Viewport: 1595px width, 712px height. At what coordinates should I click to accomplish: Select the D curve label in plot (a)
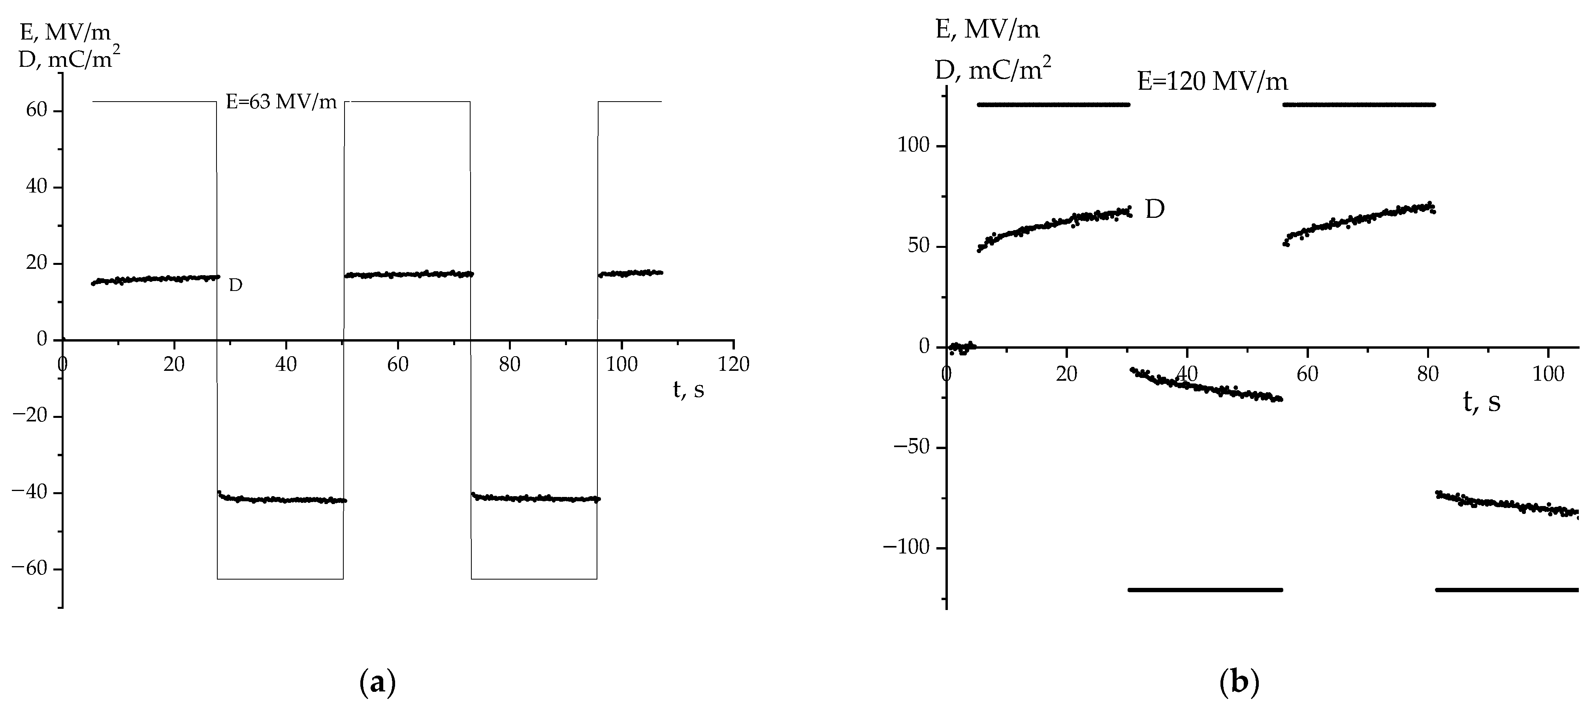coord(235,286)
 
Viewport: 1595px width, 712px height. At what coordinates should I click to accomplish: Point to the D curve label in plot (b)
coord(1155,210)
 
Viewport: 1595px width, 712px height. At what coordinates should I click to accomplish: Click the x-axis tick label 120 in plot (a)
coord(734,364)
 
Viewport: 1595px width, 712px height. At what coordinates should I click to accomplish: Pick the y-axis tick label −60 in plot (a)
coord(30,569)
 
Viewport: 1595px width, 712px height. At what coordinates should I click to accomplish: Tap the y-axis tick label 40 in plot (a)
coord(36,187)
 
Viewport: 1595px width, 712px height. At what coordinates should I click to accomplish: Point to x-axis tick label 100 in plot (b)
coord(1548,374)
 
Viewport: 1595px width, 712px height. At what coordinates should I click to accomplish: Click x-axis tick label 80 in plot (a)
coord(510,364)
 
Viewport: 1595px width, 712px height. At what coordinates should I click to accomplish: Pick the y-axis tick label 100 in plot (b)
coord(913,146)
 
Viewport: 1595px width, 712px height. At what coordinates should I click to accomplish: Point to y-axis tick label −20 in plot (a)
coord(30,416)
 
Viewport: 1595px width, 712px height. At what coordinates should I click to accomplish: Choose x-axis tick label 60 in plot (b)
coord(1307,374)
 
